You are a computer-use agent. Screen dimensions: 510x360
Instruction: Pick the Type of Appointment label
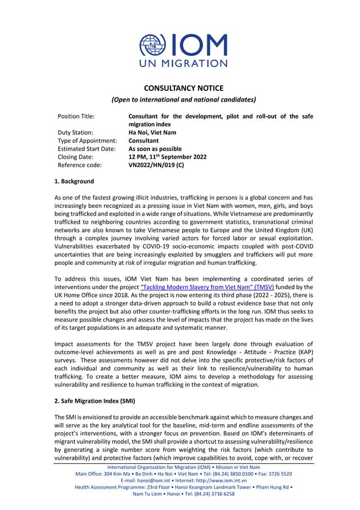pos(87,141)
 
